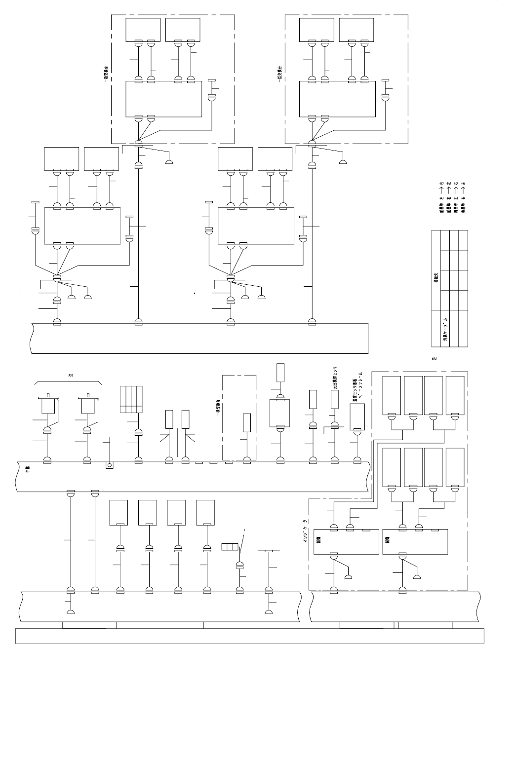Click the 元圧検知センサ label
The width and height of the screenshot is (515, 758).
tap(335, 378)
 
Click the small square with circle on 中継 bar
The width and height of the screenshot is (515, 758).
tap(109, 465)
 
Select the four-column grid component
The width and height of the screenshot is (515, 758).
tap(131, 399)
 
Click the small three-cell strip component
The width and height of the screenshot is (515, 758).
tap(230, 547)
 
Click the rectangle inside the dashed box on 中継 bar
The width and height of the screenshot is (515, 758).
tap(247, 423)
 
